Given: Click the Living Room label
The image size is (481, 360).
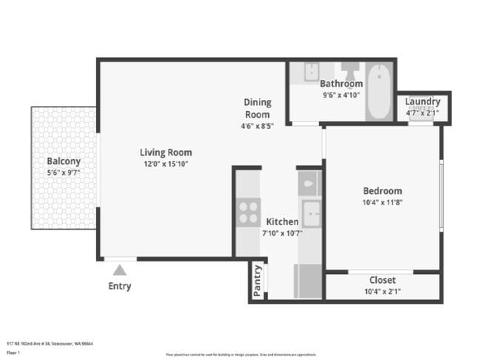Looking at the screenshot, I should (x=166, y=153).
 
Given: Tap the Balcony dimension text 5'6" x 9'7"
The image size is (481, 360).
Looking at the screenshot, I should (x=63, y=172).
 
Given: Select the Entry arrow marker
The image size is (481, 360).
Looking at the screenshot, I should (x=119, y=270).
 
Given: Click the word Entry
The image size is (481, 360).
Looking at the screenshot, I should (x=119, y=286).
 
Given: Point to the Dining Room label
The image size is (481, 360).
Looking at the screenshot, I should (x=258, y=108).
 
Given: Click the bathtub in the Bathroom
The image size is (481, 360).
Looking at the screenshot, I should (x=378, y=92).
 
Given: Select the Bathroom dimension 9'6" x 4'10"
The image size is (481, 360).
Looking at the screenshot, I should (x=341, y=95).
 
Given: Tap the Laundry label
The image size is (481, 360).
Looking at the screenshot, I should (x=423, y=101).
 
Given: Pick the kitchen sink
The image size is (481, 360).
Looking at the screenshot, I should (x=311, y=214).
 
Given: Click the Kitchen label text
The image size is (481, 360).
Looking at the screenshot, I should (x=282, y=221).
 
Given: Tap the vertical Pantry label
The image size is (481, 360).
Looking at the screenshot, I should (x=258, y=281).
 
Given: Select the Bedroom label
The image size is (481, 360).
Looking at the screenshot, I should (x=382, y=190).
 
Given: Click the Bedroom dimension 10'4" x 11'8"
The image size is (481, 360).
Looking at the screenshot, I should (x=382, y=201).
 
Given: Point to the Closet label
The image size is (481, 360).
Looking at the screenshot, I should (x=382, y=280).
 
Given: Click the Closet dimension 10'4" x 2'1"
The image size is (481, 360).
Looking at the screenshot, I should (x=382, y=291).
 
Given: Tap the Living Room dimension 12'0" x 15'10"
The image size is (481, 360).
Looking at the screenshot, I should (x=166, y=164).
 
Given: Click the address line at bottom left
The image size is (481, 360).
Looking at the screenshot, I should (x=50, y=344).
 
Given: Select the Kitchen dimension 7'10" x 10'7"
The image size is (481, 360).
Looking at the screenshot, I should (x=282, y=233).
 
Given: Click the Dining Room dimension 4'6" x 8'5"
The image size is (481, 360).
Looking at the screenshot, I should (x=258, y=126).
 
